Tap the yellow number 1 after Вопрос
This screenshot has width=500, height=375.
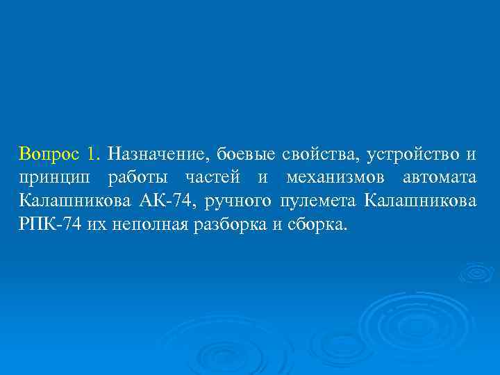(x=95, y=153)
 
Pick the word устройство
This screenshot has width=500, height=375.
(x=412, y=153)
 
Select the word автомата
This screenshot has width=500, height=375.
(x=440, y=178)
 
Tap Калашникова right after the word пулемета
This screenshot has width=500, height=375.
(x=420, y=202)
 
